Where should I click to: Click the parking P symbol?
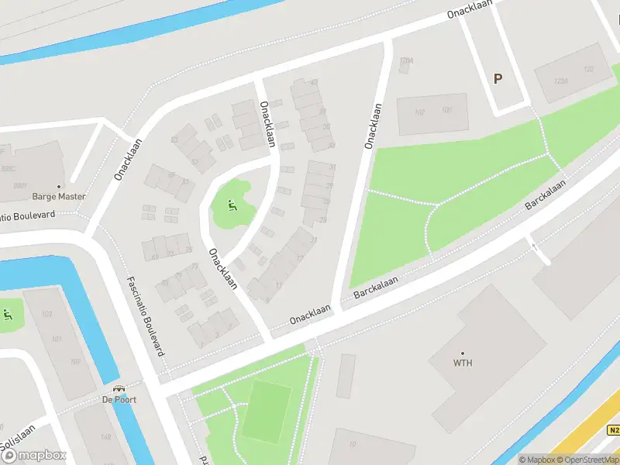pos(498,78)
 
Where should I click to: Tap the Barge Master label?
pos(59,197)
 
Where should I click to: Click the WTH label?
pos(463,363)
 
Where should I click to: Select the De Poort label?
pos(119,400)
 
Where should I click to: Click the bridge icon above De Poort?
pos(119,388)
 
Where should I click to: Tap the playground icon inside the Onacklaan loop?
pos(231,205)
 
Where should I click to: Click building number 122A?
pos(561,80)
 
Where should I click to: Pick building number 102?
pos(420,112)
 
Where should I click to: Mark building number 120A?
pos(406,60)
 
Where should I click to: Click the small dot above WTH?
pos(463,353)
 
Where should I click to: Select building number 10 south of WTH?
pos(353,444)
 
